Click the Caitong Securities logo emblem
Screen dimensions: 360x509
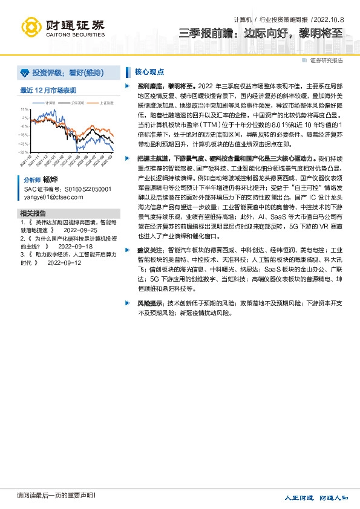(x=31, y=27)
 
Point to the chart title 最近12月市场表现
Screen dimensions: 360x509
(x=48, y=90)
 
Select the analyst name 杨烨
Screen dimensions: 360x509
(x=50, y=180)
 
